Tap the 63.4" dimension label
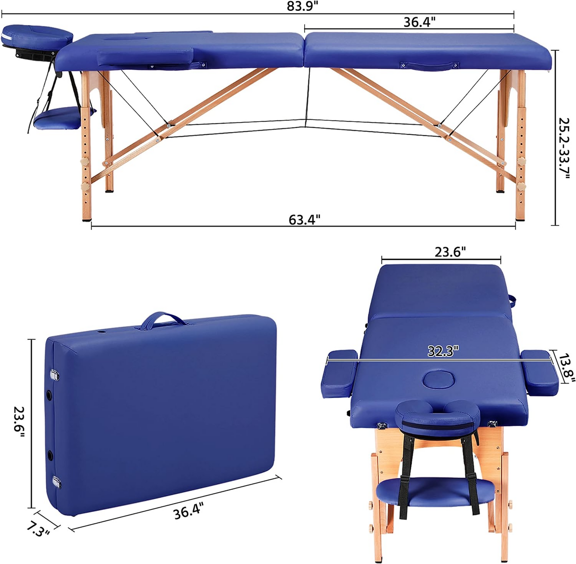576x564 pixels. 304,219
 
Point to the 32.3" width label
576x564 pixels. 443,351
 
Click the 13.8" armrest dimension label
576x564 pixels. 566,368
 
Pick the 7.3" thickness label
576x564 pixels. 38,529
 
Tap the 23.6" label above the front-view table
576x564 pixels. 450,252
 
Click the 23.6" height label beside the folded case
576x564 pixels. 19,422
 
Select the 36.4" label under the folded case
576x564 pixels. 189,511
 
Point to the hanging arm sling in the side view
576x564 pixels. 64,118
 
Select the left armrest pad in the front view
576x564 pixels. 339,373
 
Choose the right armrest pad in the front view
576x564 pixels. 540,371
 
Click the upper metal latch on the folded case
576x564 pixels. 54,375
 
